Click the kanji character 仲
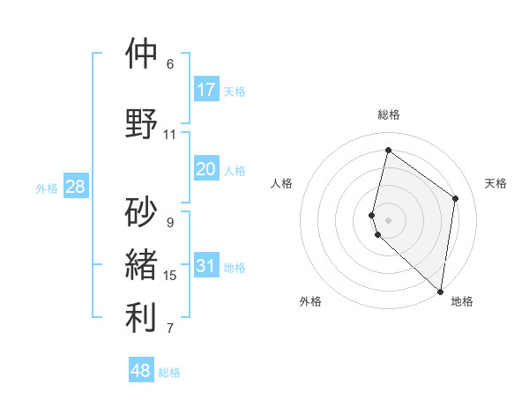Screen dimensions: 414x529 click(142, 55)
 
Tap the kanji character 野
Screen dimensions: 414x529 click(142, 123)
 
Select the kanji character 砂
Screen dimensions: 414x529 click(142, 211)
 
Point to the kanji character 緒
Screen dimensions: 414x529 click(142, 264)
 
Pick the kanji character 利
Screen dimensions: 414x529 click(142, 318)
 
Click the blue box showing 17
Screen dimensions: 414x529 click(206, 90)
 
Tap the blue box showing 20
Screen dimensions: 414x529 click(206, 169)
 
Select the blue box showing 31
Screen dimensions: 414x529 click(206, 266)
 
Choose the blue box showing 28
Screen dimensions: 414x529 click(75, 187)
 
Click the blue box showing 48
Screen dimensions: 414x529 click(141, 371)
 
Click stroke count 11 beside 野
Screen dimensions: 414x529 click(170, 135)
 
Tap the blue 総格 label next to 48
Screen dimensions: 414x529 click(169, 373)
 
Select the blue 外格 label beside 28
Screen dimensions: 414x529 click(48, 188)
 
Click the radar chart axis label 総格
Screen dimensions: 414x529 click(388, 115)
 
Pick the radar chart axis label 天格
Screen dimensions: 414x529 click(495, 183)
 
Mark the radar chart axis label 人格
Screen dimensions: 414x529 click(281, 183)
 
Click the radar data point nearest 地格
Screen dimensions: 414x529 click(440, 291)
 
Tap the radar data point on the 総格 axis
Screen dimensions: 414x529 click(388, 151)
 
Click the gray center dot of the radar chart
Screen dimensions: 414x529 click(388, 218)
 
